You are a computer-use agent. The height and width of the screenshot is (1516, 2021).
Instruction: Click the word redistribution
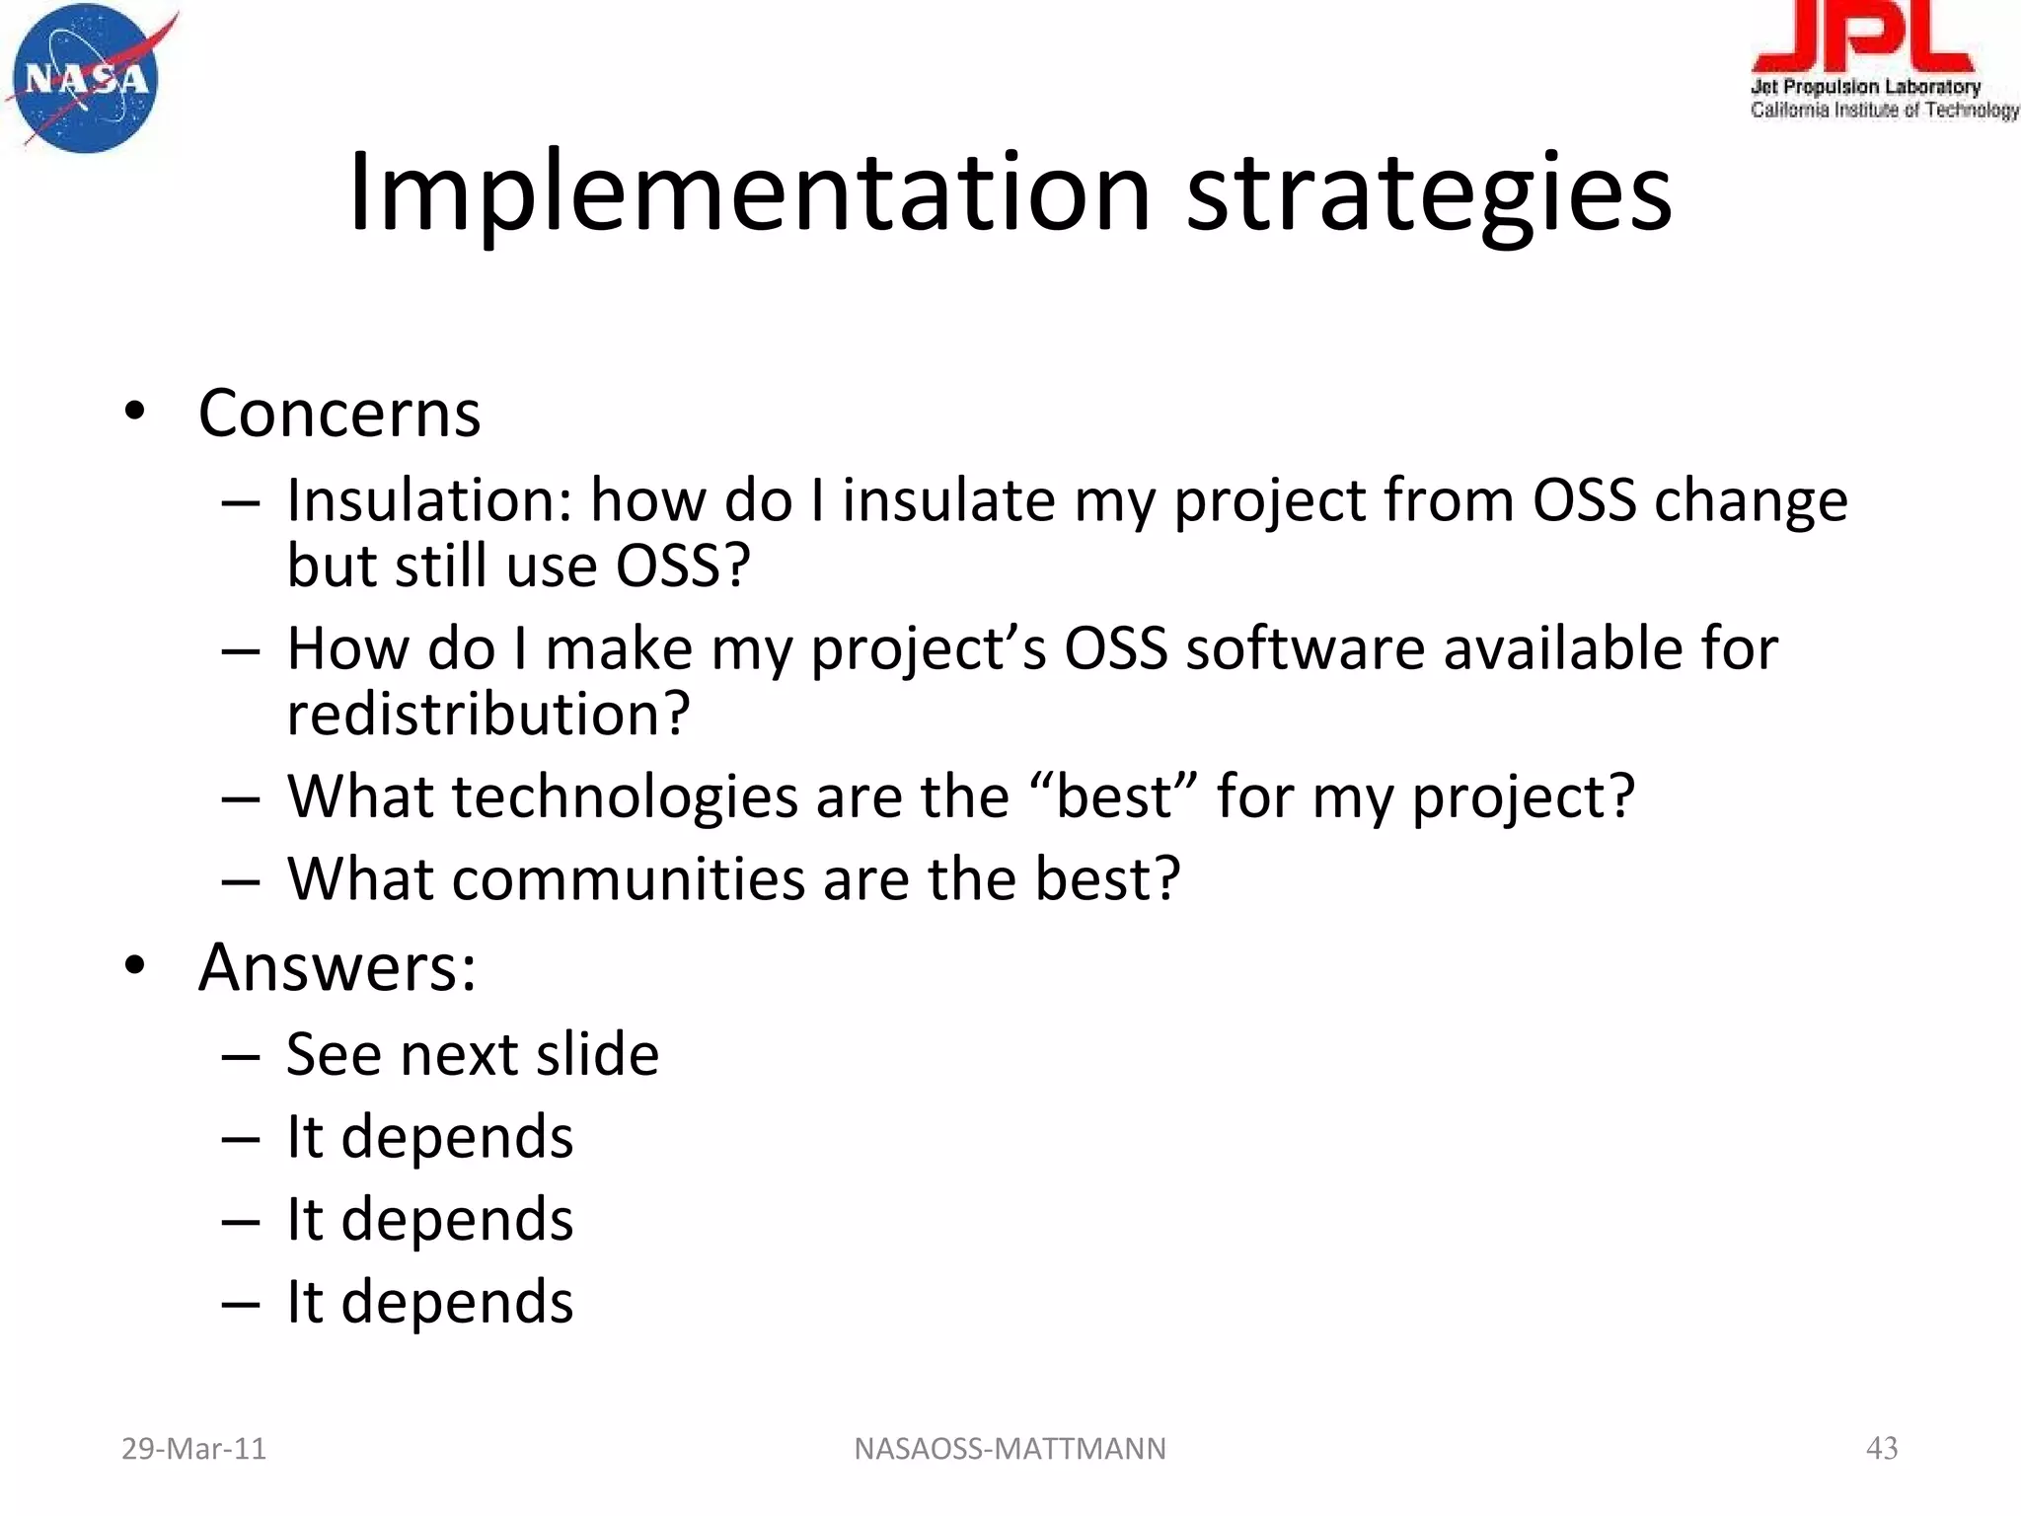[x=487, y=714]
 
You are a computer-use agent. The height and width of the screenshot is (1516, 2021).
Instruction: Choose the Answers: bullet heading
[x=337, y=967]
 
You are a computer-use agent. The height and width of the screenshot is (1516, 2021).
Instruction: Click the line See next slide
[x=472, y=1054]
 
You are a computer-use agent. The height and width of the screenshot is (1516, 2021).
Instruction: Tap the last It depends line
[x=429, y=1302]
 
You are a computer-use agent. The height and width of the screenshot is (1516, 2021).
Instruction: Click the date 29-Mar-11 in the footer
[x=193, y=1449]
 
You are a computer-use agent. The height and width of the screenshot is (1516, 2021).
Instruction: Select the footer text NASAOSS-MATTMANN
[x=1010, y=1449]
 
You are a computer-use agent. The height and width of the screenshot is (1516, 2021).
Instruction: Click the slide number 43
[x=1882, y=1448]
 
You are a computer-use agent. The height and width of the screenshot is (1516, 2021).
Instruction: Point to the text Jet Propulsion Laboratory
[x=1865, y=87]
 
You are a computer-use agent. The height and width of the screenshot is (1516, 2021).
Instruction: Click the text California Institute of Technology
[x=1884, y=110]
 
